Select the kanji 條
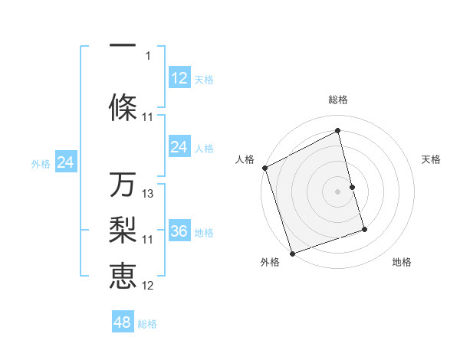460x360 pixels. [123, 107]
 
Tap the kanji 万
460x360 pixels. [123, 185]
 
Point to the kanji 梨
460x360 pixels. [123, 230]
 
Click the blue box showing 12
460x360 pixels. [179, 78]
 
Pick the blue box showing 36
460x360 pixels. [179, 232]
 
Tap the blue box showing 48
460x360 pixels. [123, 322]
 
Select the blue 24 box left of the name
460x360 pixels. [66, 162]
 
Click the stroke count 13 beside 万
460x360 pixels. [149, 194]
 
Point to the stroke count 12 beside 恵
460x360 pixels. [149, 286]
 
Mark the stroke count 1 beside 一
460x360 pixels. [149, 55]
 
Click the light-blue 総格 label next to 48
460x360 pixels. [147, 324]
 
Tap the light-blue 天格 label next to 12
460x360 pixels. [204, 80]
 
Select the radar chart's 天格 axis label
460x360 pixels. [432, 159]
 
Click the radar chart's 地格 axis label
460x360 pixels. [402, 263]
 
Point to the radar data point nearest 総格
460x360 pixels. [338, 131]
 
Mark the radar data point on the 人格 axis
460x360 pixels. [264, 168]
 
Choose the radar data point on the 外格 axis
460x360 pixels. [291, 252]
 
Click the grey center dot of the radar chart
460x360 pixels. [338, 191]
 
